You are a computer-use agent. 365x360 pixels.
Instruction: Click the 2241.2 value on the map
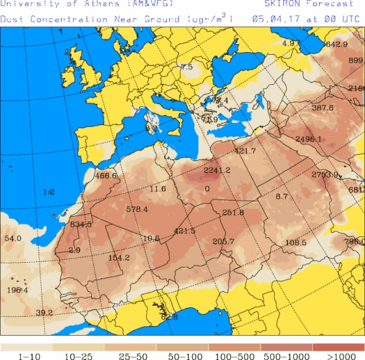click(x=217, y=170)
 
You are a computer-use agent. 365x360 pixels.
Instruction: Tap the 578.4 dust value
click(x=137, y=209)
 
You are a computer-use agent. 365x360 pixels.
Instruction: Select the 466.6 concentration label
click(x=106, y=176)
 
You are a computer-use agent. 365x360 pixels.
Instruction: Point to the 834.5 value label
click(x=80, y=224)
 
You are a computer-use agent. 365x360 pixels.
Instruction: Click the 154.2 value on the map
click(x=119, y=257)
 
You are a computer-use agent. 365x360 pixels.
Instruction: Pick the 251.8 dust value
click(x=233, y=213)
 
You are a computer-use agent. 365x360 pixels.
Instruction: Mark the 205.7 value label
click(x=224, y=242)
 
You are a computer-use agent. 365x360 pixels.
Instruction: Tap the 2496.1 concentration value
click(x=309, y=139)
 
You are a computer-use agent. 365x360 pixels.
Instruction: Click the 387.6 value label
click(x=322, y=108)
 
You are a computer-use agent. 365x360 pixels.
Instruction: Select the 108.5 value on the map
click(x=295, y=242)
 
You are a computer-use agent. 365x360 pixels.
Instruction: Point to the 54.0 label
click(x=13, y=238)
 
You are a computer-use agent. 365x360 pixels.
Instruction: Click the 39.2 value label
click(x=44, y=312)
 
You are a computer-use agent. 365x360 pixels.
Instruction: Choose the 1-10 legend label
click(x=26, y=355)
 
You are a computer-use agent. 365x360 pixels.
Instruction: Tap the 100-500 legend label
click(x=235, y=355)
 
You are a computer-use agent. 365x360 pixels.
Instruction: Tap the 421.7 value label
click(x=245, y=151)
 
